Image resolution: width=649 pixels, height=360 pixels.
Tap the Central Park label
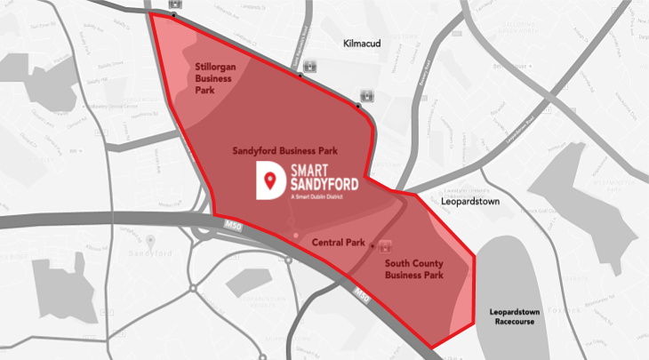tap(340, 242)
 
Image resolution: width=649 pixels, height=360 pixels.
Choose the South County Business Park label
tap(413, 269)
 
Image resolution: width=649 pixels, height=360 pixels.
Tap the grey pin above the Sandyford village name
tap(151, 241)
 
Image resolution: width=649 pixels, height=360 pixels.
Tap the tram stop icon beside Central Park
tap(385, 245)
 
